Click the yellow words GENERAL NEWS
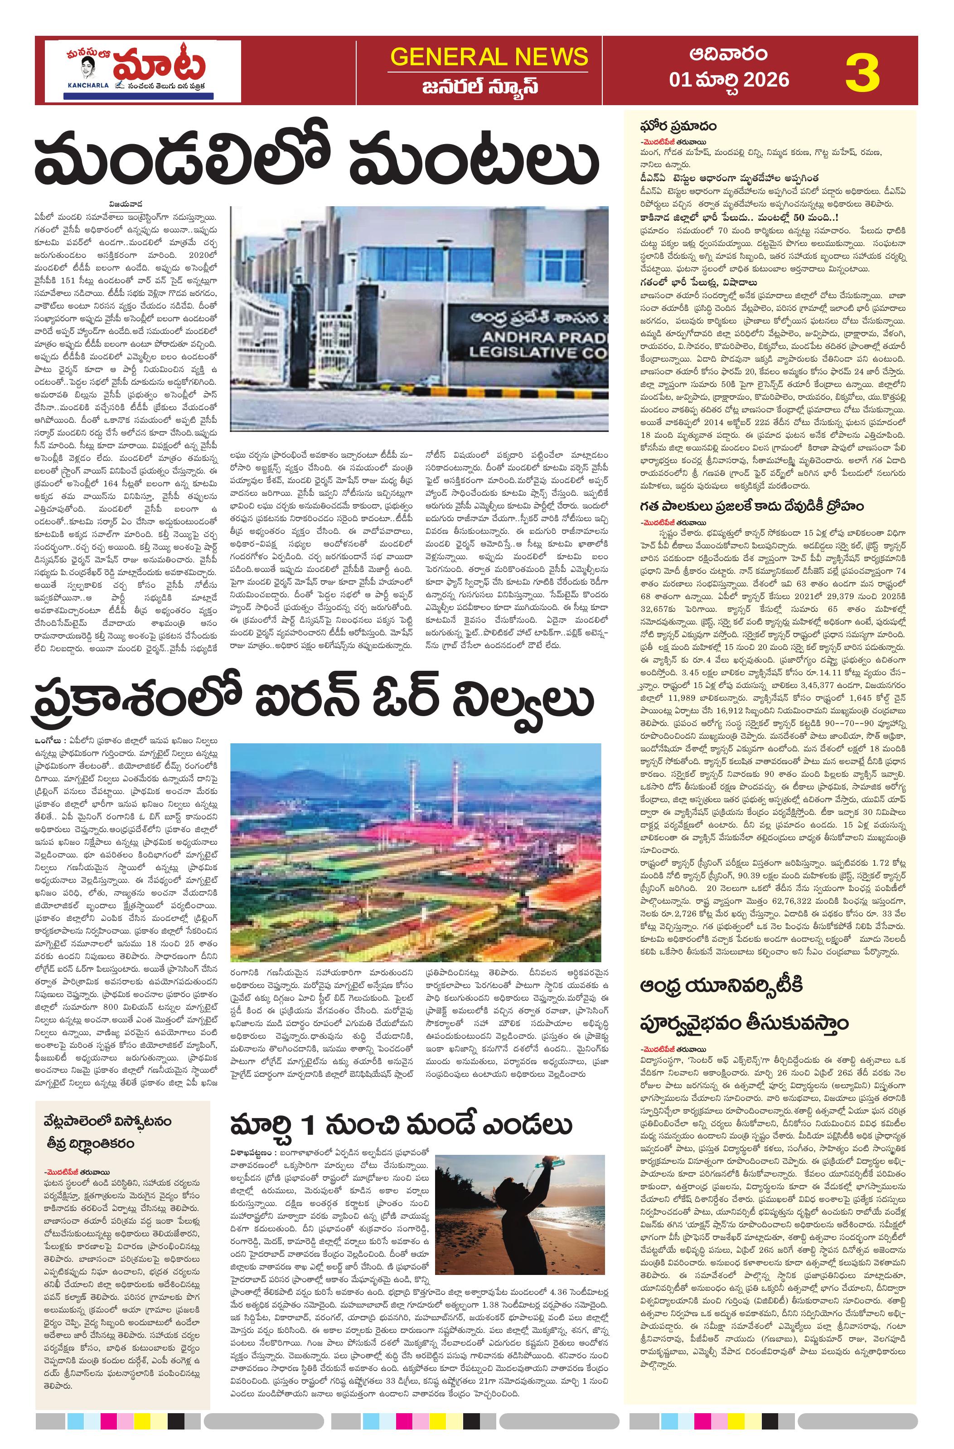coord(489,57)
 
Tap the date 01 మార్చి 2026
coord(728,80)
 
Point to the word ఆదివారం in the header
coord(728,54)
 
